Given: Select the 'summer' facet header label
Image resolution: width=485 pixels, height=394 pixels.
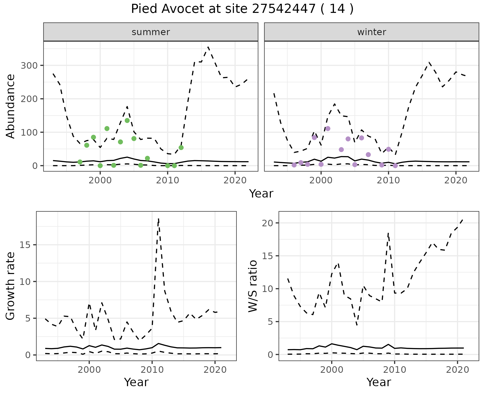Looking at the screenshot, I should point(151,32).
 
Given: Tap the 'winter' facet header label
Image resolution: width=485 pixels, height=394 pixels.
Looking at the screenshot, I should point(372,32).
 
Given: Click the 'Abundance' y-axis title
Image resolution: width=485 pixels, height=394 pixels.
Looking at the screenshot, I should point(11,106).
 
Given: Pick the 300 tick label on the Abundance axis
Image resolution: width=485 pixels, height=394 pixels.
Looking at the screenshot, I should point(29,66).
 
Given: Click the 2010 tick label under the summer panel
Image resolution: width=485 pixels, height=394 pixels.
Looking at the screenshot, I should point(167,180).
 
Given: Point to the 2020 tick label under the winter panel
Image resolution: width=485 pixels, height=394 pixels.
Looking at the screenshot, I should point(456,180).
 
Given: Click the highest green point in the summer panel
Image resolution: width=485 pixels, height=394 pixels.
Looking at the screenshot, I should point(127,120).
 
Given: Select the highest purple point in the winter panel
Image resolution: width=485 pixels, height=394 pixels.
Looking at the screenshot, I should point(328,129).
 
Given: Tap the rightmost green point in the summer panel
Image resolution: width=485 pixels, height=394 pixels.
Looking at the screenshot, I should point(181,147).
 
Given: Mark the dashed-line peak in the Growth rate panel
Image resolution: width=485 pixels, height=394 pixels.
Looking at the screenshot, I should point(158,219).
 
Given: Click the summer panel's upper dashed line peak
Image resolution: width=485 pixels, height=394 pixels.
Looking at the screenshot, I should point(208,47).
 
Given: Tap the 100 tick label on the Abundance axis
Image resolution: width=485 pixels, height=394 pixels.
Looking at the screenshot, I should point(29,132).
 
